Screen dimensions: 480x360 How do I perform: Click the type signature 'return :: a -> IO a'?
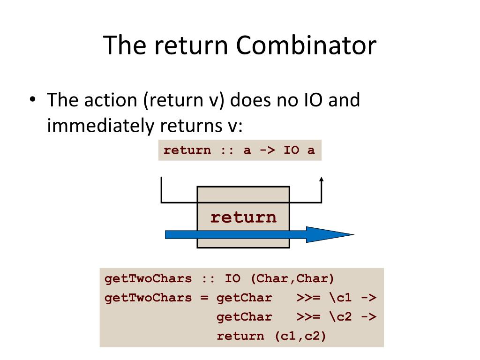(x=240, y=151)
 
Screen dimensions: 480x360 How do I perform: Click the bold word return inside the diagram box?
(x=243, y=217)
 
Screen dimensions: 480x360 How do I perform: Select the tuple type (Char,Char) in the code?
(x=292, y=278)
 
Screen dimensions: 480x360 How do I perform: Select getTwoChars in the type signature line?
(x=148, y=278)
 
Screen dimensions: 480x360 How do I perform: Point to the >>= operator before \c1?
(x=308, y=298)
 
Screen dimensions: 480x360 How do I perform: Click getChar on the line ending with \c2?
(x=244, y=317)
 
